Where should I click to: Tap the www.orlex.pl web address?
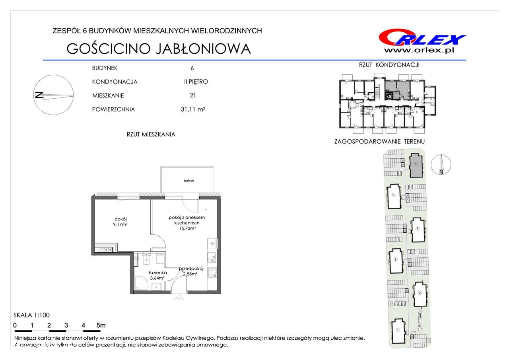tap(419, 51)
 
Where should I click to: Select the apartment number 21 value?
tap(193, 95)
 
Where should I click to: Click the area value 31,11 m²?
tap(193, 109)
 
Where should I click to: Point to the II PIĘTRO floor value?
tap(196, 82)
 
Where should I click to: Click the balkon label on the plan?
tap(189, 181)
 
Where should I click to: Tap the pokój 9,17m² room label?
tap(120, 222)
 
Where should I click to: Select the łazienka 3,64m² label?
tap(158, 275)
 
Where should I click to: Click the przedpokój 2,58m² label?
tap(191, 271)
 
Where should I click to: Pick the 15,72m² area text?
tap(187, 228)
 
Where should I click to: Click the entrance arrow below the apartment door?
tap(179, 298)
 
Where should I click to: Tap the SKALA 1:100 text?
tap(31, 315)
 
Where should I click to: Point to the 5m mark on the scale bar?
tap(101, 325)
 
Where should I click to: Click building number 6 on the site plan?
tap(416, 164)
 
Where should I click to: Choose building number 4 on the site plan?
tap(418, 228)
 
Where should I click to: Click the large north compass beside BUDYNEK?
tap(53, 95)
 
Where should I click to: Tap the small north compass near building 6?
tap(441, 165)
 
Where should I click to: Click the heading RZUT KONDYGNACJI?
tap(389, 65)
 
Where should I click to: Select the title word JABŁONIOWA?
tap(203, 49)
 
